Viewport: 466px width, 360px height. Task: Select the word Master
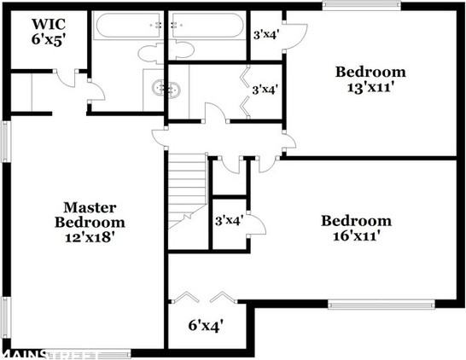(90, 207)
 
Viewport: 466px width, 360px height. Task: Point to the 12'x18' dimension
(90, 238)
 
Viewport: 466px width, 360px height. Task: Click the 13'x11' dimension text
(370, 87)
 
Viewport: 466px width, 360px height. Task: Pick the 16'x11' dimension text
(356, 237)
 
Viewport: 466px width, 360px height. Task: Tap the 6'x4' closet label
(206, 325)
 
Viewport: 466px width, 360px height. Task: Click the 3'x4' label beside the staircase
(229, 220)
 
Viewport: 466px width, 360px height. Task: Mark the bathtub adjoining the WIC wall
(127, 27)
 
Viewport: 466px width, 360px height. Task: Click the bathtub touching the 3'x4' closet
(207, 27)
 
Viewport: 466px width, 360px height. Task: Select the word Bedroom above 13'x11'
(370, 72)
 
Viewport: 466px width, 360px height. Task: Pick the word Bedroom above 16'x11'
(356, 222)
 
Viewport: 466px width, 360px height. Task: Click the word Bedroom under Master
(90, 223)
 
